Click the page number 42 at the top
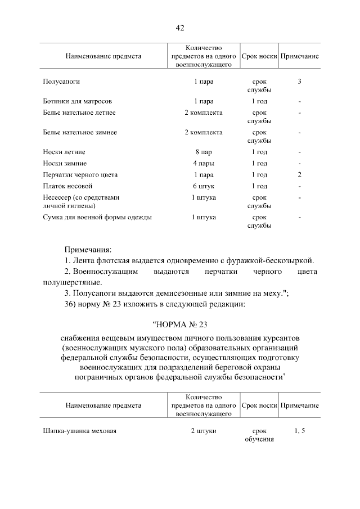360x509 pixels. pos(180,28)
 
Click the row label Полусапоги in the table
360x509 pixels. pos(61,82)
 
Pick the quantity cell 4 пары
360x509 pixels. pos(203,163)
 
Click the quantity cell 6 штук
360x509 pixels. pos(203,186)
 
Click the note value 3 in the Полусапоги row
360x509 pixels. pos(300,82)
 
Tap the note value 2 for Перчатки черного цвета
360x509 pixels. pos(300,174)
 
